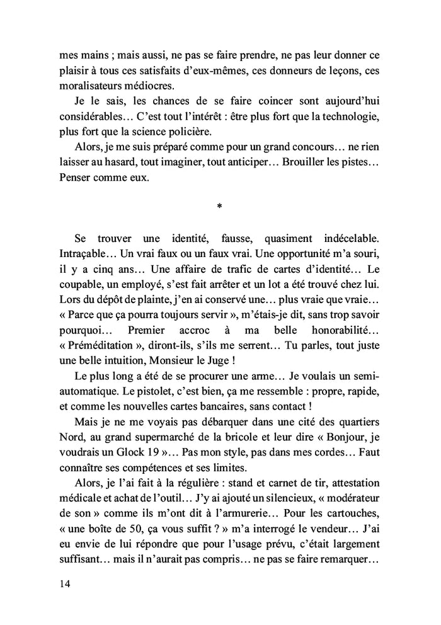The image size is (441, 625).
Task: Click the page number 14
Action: click(x=62, y=583)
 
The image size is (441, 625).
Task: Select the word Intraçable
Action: click(x=83, y=254)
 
